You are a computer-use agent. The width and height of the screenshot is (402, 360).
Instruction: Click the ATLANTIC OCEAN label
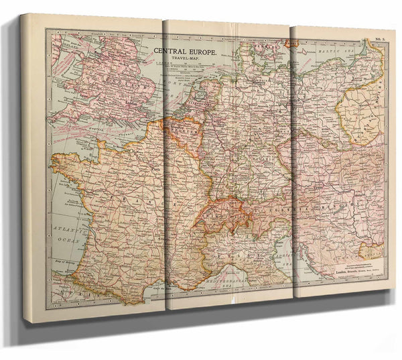(x=68, y=227)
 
